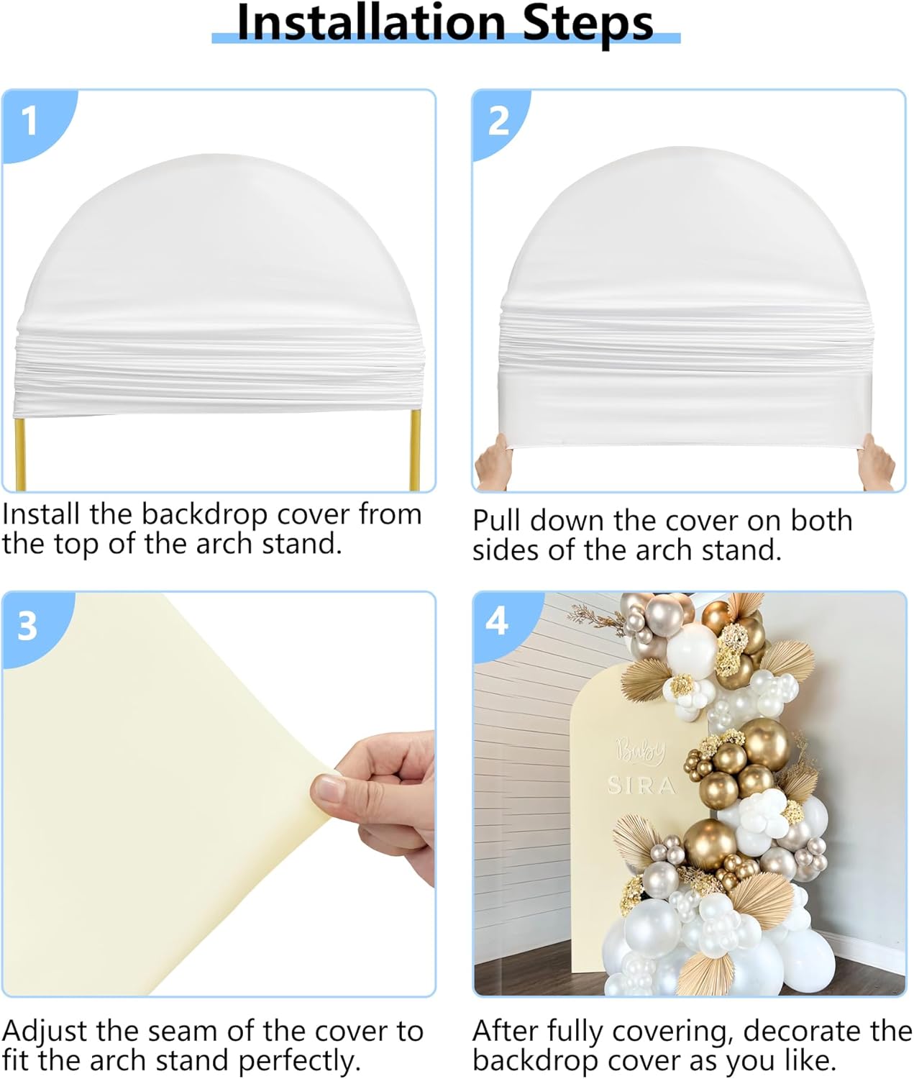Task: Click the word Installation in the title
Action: [371, 23]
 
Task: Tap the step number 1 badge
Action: [29, 120]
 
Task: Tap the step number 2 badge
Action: [498, 120]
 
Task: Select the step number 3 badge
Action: [27, 625]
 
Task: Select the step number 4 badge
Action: [497, 620]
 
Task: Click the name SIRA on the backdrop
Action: [641, 786]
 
